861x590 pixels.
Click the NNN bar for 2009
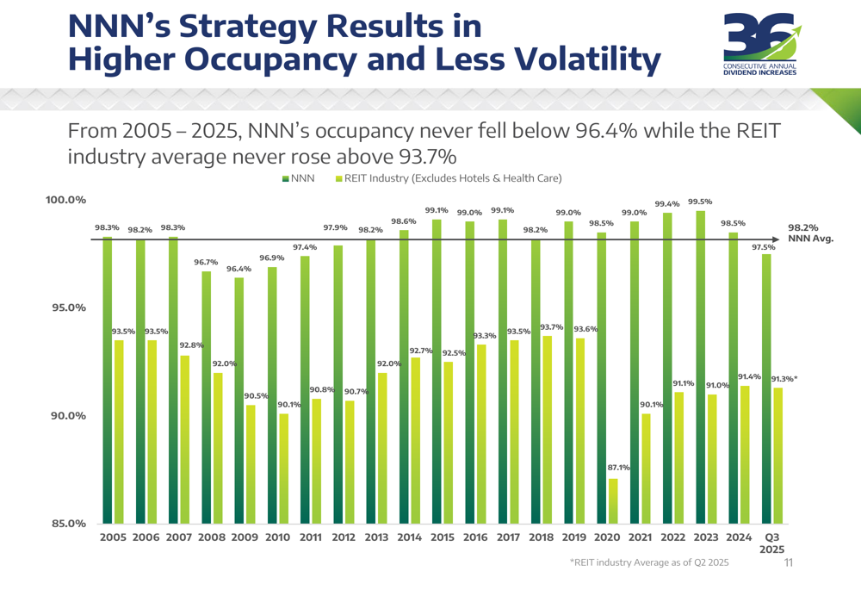click(x=239, y=401)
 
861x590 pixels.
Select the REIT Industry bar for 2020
click(x=613, y=501)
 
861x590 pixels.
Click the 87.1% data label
click(x=619, y=467)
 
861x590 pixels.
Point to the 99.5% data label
click(x=700, y=202)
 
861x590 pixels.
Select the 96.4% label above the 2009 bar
click(x=239, y=269)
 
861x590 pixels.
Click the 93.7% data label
click(x=552, y=327)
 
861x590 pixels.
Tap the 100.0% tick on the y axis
click(x=65, y=201)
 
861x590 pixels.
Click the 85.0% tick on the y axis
click(x=67, y=524)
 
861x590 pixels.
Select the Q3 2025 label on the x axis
click(x=772, y=543)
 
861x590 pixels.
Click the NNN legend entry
click(x=299, y=179)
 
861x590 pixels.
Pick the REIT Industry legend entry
click(x=448, y=179)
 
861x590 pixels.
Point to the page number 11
click(x=789, y=562)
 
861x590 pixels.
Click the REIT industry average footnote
click(x=648, y=562)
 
